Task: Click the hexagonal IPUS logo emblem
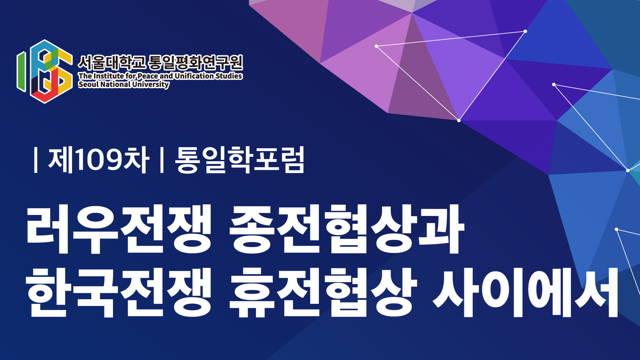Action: click(x=45, y=71)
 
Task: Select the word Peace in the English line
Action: click(x=148, y=76)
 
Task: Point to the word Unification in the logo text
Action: click(x=194, y=76)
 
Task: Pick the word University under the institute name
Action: click(x=150, y=84)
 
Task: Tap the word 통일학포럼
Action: click(x=240, y=159)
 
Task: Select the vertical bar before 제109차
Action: click(x=36, y=160)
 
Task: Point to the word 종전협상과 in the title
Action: click(x=347, y=229)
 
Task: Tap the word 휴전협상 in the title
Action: click(x=323, y=293)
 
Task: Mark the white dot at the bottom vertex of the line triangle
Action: click(x=459, y=121)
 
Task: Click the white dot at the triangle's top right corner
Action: click(x=525, y=31)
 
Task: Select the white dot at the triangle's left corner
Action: click(x=376, y=46)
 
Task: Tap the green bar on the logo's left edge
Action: click(x=21, y=71)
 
